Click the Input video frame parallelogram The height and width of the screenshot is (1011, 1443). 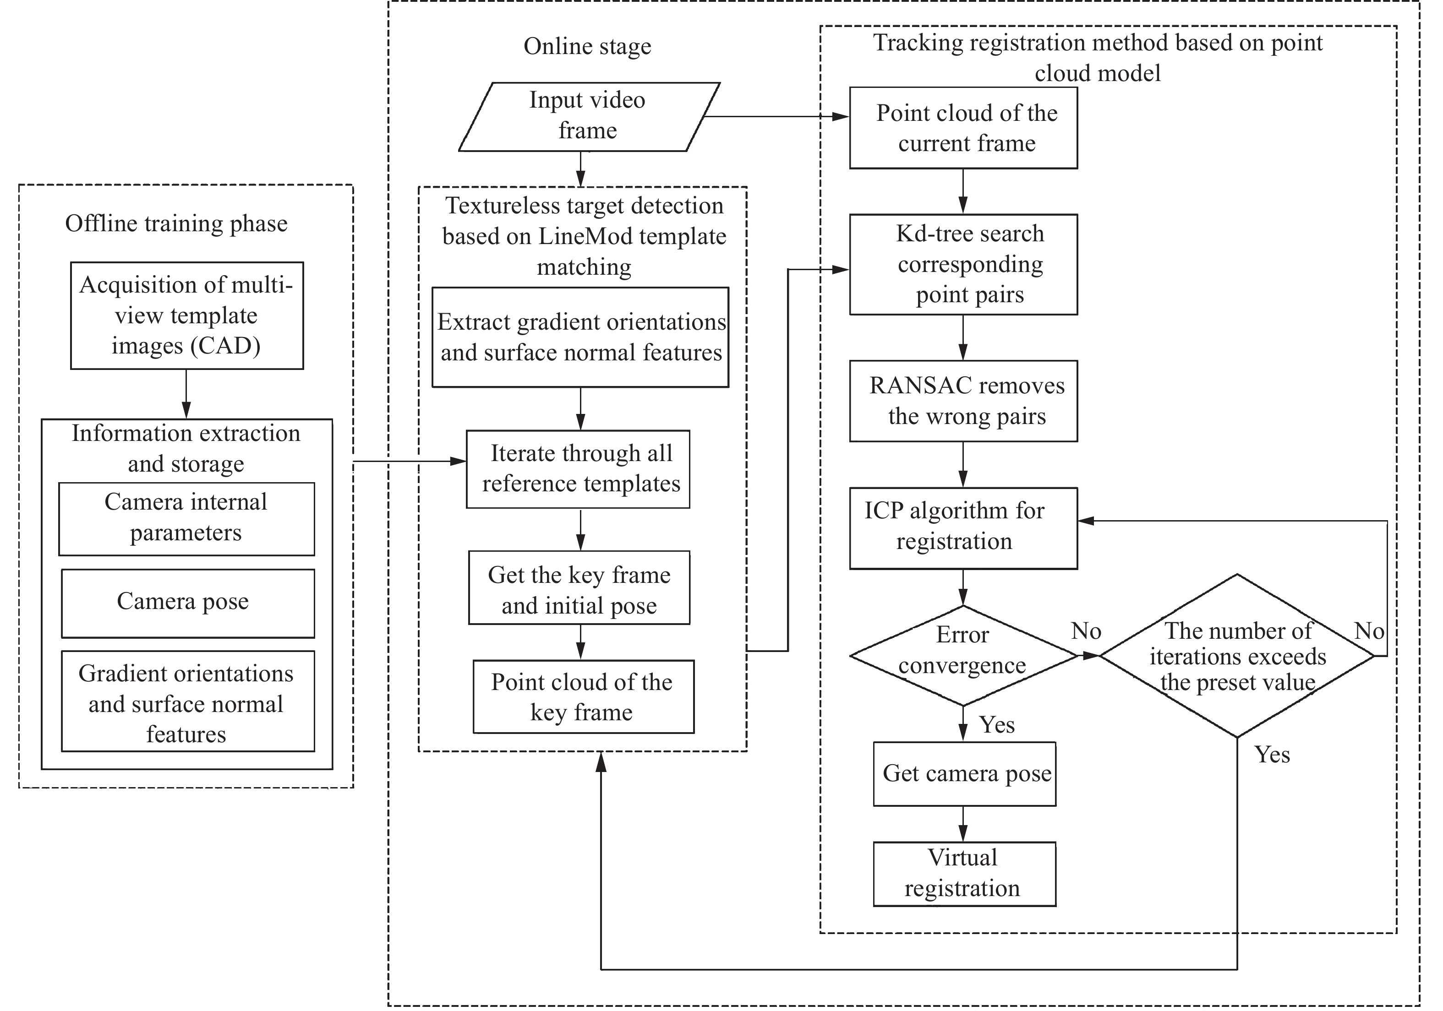point(588,116)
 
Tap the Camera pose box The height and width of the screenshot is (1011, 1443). point(187,603)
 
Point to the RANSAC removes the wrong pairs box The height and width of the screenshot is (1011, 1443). point(963,401)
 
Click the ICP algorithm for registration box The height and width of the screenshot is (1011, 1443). point(963,528)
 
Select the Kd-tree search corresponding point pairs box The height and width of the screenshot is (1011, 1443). point(963,265)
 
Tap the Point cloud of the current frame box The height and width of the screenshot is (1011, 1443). point(963,128)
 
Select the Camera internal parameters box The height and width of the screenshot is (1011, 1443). point(186,518)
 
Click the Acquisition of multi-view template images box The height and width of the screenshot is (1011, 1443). point(186,315)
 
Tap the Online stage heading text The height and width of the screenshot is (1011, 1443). point(587,47)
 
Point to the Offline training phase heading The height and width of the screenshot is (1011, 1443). point(176,224)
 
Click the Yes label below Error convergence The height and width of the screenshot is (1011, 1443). point(997,725)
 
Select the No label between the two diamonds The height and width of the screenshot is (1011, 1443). point(1086,631)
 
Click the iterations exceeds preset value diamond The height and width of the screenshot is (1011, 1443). point(1237,655)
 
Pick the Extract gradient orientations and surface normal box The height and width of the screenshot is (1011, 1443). point(580,337)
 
